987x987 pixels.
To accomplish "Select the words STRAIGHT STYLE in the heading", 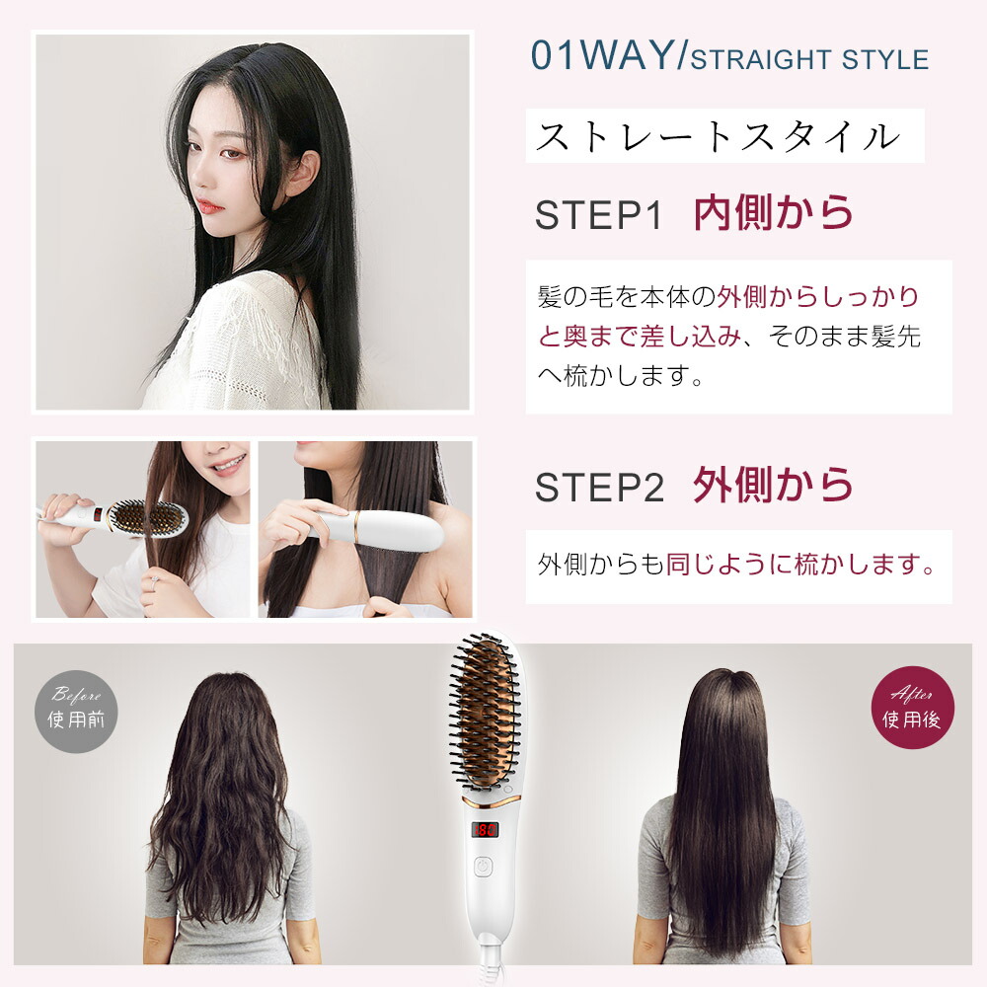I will (x=809, y=59).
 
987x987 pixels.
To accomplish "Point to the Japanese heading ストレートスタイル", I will (x=718, y=136).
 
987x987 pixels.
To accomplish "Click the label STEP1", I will (x=598, y=215).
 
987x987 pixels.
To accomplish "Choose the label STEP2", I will (x=598, y=487).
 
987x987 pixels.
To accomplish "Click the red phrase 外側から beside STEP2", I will (x=773, y=485).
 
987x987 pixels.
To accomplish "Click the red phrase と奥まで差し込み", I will (x=639, y=337).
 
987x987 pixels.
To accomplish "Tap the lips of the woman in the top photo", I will (x=205, y=206).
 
